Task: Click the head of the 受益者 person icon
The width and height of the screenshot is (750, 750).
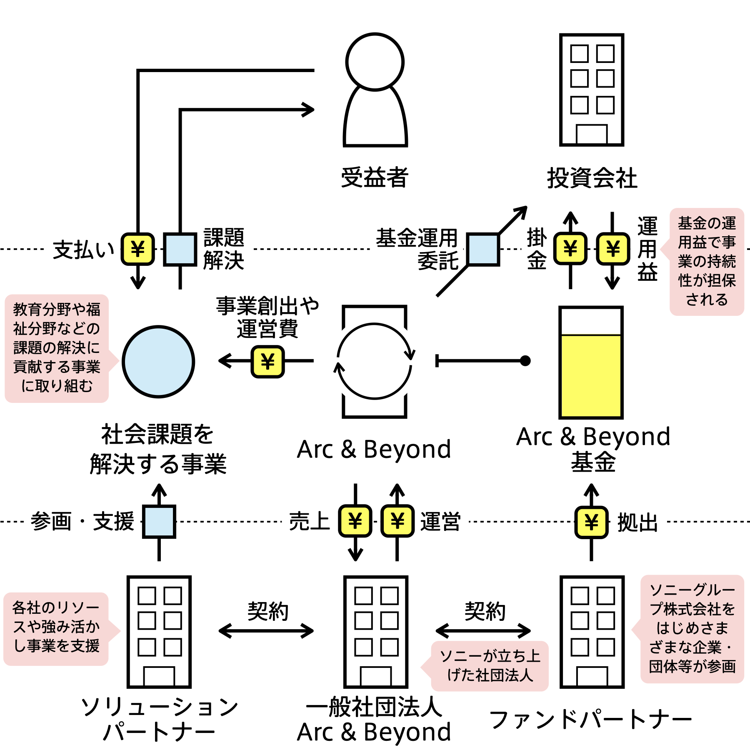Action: tap(375, 62)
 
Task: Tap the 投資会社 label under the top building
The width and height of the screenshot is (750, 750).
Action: tap(592, 178)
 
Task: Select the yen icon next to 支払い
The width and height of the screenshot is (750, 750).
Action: tap(137, 249)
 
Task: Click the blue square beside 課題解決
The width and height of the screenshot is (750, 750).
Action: tap(180, 249)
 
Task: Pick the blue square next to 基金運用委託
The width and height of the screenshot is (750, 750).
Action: tap(483, 249)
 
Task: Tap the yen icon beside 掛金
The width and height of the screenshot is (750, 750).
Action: tap(570, 249)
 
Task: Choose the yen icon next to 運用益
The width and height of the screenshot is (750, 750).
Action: tap(612, 249)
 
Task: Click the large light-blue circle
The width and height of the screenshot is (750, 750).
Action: tap(158, 362)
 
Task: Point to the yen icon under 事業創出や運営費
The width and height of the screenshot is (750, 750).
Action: tap(267, 362)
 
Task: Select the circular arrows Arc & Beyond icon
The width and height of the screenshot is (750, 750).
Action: tap(374, 361)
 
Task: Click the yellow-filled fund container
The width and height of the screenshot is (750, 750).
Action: tap(591, 375)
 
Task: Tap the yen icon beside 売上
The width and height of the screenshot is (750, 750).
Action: tap(355, 521)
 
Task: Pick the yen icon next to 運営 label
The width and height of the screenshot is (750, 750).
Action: tap(397, 521)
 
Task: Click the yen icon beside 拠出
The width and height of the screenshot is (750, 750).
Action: tap(591, 522)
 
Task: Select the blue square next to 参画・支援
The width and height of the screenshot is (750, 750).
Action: tap(159, 522)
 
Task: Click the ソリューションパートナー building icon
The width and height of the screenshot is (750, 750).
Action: tap(159, 632)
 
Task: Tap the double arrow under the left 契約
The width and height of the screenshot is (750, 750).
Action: tap(266, 631)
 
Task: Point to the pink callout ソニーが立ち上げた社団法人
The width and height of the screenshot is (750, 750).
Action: tap(490, 665)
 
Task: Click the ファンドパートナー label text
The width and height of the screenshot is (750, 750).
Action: tap(590, 720)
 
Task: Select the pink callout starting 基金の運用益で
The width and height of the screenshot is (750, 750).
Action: tap(707, 262)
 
